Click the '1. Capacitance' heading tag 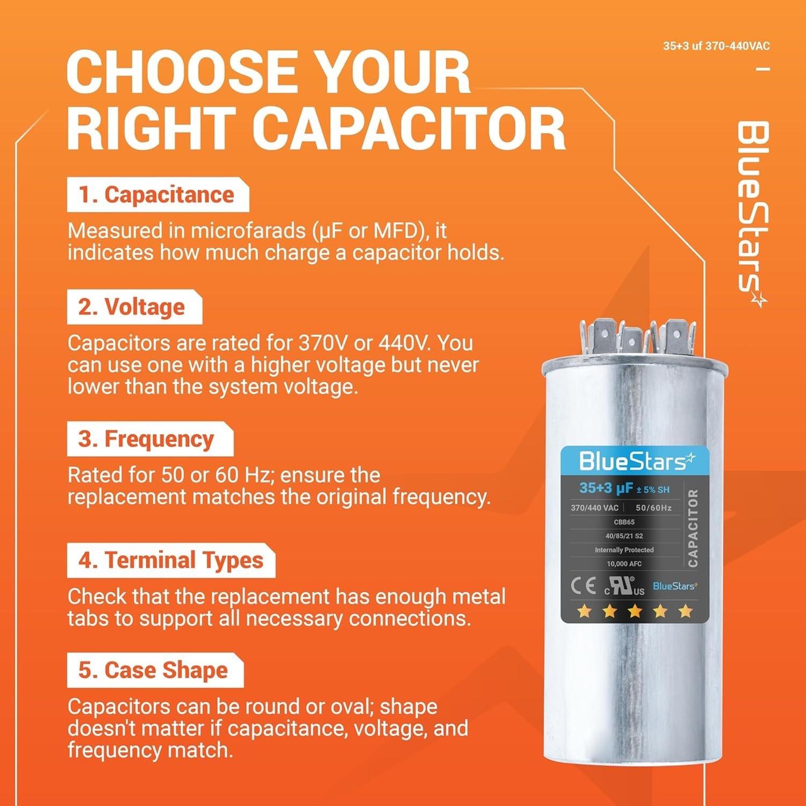(157, 195)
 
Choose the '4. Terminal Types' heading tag (171, 560)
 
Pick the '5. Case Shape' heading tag (154, 671)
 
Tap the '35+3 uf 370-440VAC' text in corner (716, 46)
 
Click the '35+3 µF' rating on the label (605, 488)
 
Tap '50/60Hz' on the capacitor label (653, 508)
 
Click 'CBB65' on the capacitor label (624, 522)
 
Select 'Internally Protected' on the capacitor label (624, 550)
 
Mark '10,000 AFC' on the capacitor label (624, 564)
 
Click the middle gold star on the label (635, 611)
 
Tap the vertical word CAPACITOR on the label (693, 528)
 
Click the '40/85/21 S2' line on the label (624, 536)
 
